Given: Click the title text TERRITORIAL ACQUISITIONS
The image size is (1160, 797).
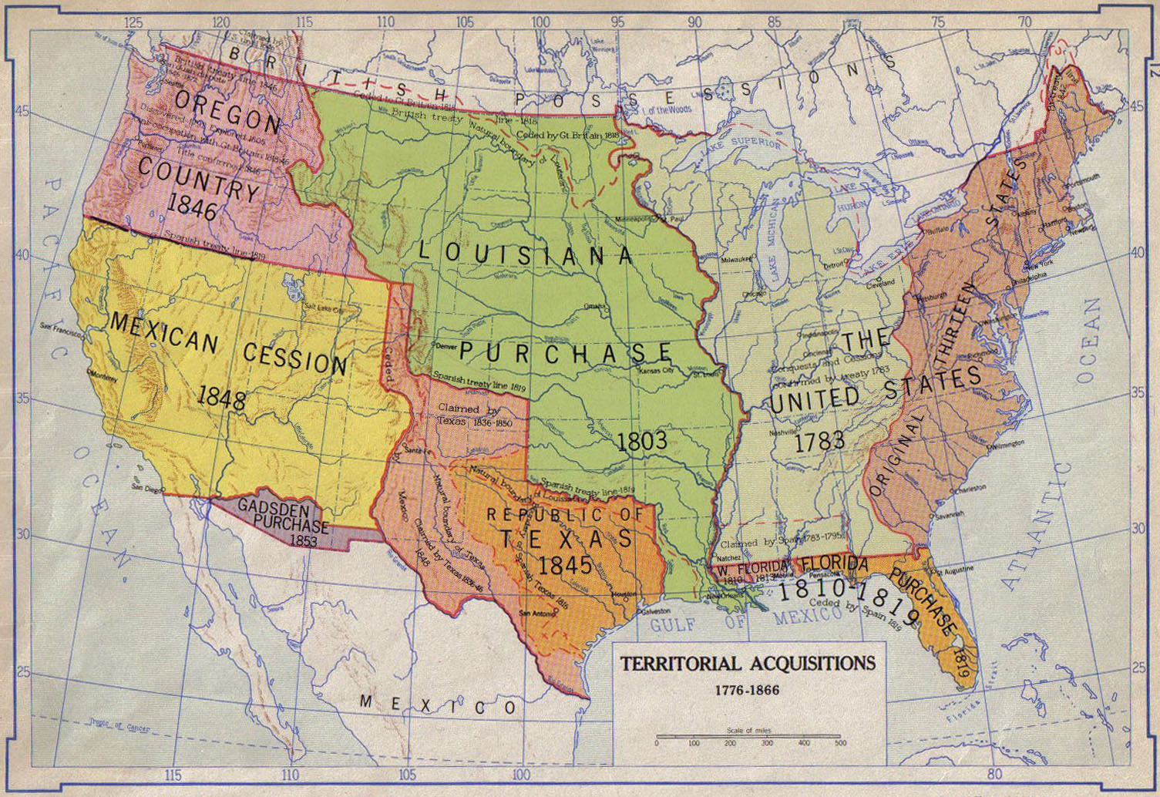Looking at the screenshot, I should coord(748,664).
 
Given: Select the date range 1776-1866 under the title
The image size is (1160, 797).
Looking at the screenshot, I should coord(747,690).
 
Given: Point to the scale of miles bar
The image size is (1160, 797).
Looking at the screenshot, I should coord(748,738).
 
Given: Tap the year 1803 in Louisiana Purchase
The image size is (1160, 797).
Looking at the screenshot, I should coord(641,441).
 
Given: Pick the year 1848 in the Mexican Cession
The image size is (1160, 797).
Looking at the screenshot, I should coord(221,398).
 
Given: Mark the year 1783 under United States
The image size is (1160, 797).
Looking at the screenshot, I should coord(819,442).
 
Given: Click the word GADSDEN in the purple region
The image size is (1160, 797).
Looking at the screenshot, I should coord(263,509).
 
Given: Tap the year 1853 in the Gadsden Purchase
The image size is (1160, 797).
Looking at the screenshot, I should coord(303,541).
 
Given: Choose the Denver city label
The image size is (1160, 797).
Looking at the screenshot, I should coord(446,347).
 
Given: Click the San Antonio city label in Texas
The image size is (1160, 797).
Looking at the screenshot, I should coord(536,614).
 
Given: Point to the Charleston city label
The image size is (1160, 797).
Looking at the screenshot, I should coord(968,488).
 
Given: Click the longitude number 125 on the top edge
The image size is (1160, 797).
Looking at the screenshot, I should coord(133,22).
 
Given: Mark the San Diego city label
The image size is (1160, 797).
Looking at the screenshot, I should coord(147,488).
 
